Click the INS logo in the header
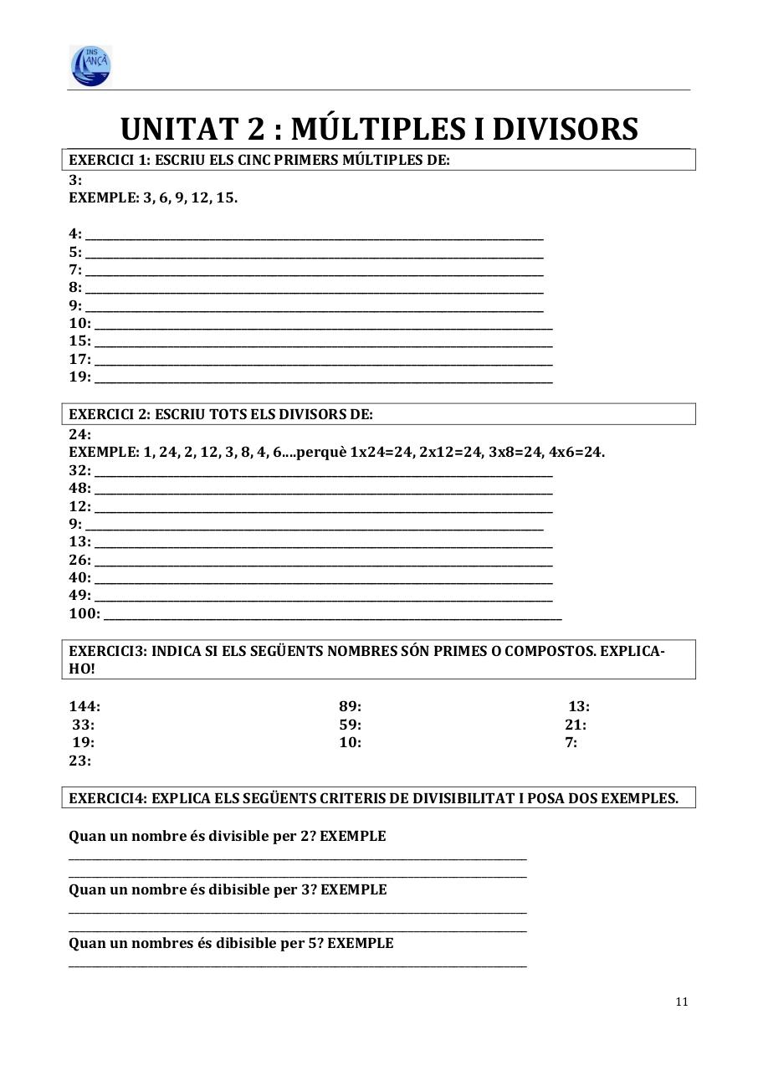pos(90,65)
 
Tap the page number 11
pos(681,1002)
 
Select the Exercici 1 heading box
pos(378,160)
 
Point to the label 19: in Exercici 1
pos(79,377)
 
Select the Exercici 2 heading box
pos(378,414)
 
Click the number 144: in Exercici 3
pos(85,706)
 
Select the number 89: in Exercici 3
pos(350,706)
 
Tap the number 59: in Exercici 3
pos(350,725)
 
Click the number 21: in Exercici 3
pos(576,725)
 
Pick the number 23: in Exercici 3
pos(79,761)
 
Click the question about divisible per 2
pos(227,836)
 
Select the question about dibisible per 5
pos(231,943)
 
